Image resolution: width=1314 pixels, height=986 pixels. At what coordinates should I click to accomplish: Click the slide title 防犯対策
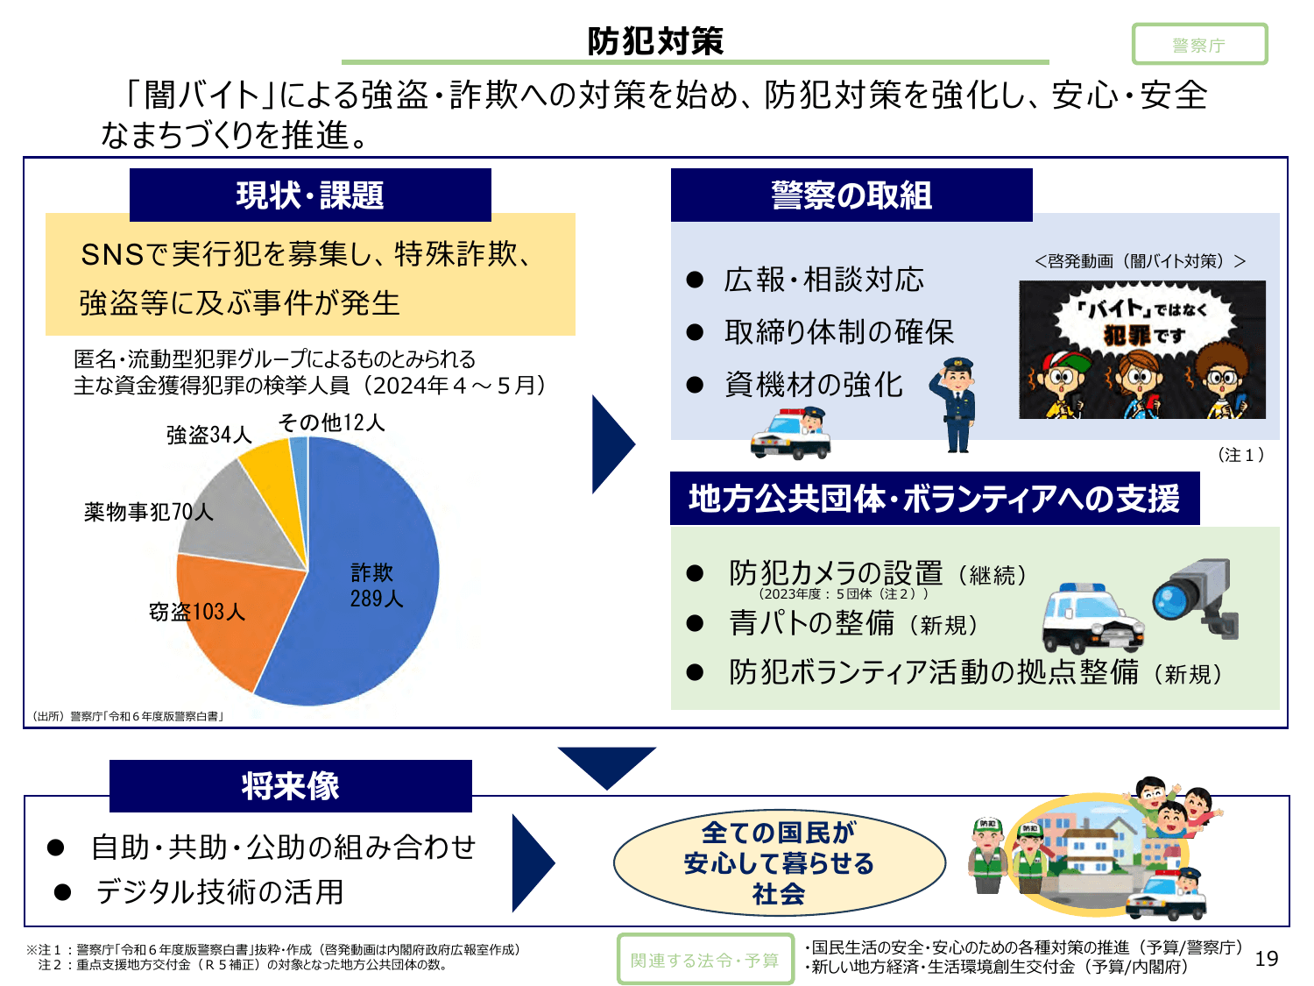coord(655,41)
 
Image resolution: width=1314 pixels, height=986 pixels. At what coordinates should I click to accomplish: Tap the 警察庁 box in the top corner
coord(1198,45)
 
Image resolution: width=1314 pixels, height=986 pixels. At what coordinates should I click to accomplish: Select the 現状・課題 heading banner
coord(310,195)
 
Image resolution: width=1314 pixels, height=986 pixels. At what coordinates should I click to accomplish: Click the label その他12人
coord(331,422)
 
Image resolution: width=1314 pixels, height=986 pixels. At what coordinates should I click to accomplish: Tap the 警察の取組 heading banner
coord(851,195)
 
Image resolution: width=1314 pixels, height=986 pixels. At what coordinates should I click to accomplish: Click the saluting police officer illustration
coord(956,404)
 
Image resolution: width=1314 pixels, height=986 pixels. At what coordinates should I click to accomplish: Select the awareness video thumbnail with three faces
coord(1141,350)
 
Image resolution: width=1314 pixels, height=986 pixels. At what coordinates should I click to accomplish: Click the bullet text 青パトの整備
coord(811,623)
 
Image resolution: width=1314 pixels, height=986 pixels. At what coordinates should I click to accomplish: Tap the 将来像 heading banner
coord(290,785)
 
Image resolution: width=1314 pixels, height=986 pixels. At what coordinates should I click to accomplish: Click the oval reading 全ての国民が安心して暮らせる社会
coord(779,863)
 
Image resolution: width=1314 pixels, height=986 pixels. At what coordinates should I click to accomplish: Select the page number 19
coord(1266,959)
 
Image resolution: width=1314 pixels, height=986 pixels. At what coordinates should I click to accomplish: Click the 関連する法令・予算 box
coord(704,960)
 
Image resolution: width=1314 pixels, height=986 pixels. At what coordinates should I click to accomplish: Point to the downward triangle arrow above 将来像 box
coord(606,765)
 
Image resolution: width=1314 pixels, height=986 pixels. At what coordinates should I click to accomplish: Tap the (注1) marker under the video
coord(1240,455)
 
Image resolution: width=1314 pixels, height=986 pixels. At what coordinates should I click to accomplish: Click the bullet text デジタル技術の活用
coord(219,892)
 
